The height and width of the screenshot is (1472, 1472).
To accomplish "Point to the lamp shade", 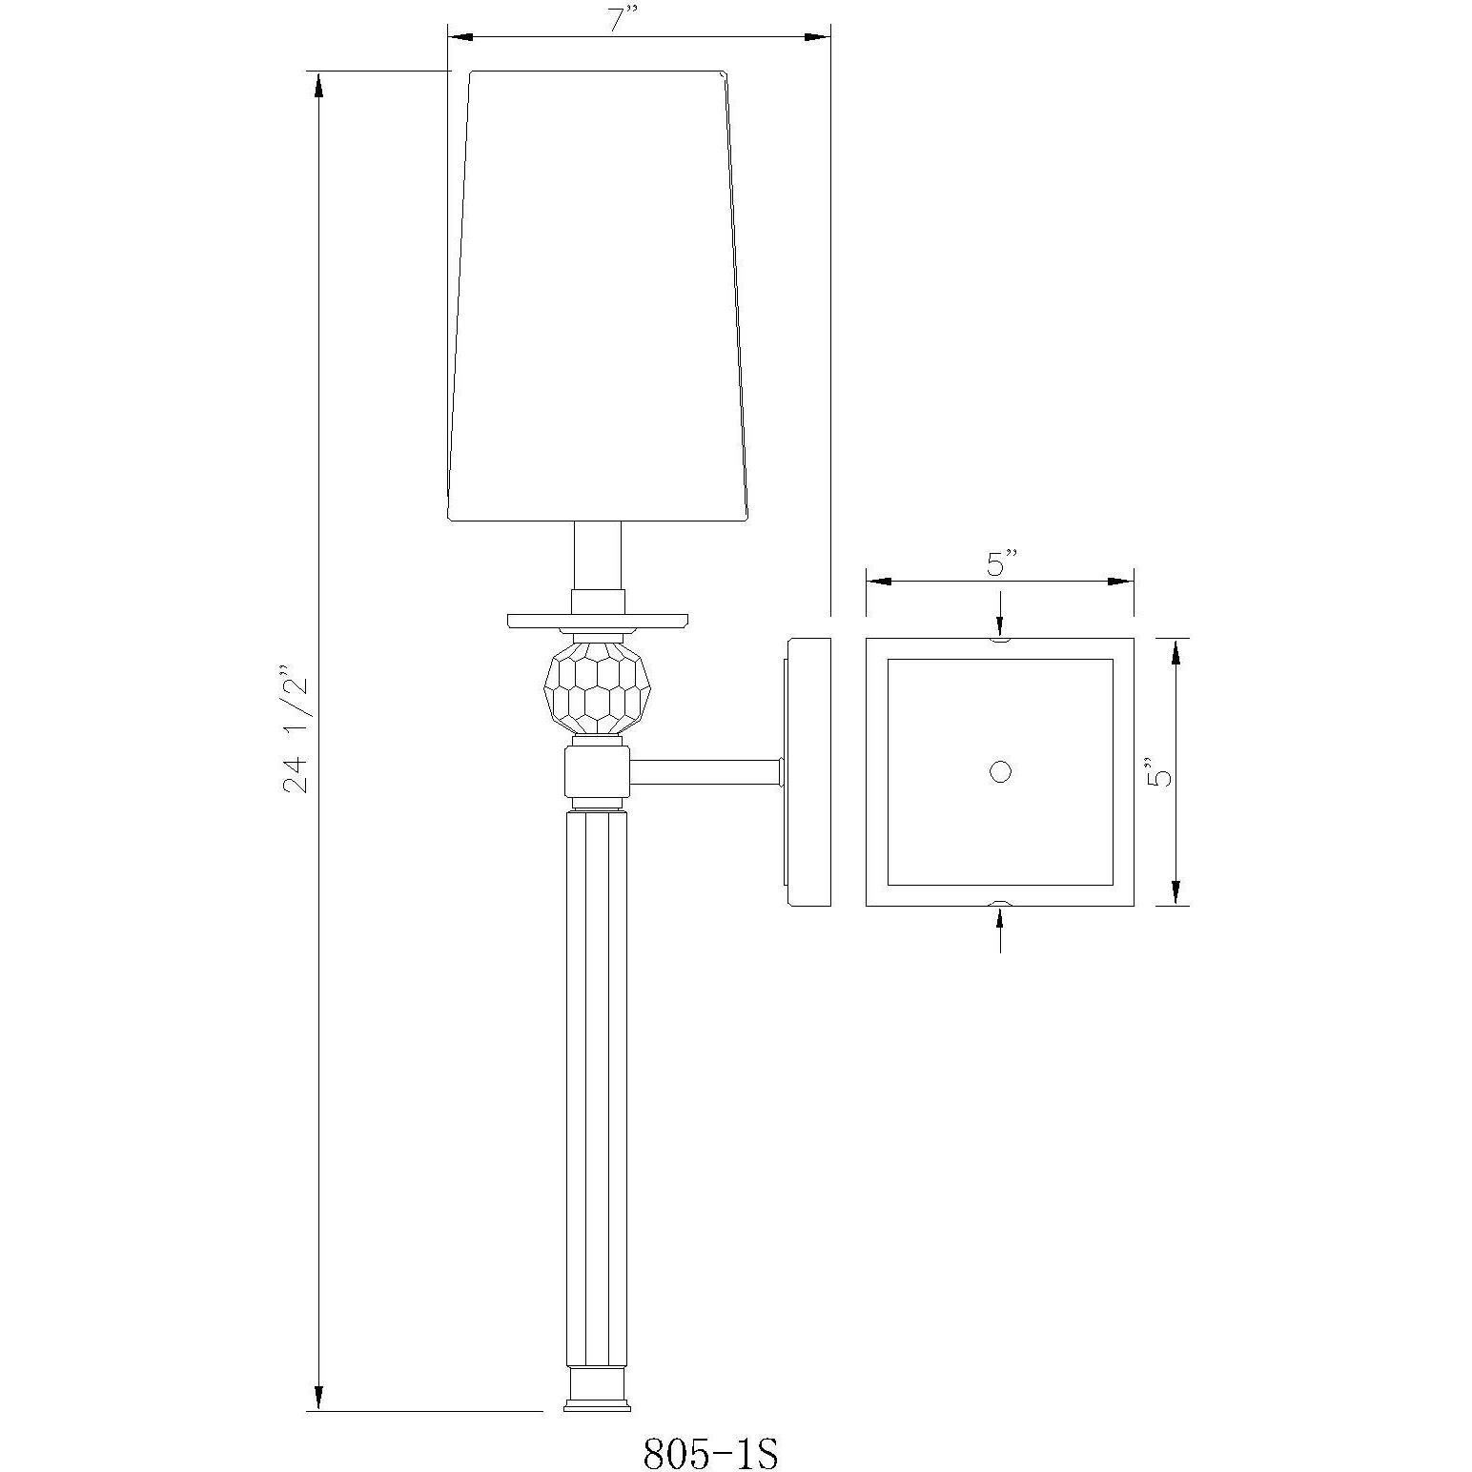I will click(598, 296).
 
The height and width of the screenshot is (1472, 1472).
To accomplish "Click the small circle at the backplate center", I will click(999, 771).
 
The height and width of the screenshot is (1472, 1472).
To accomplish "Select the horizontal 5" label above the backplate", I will click(998, 565).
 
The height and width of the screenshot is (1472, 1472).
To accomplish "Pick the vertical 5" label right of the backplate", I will click(1158, 771).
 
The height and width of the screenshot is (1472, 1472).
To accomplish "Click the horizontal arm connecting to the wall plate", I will click(705, 771).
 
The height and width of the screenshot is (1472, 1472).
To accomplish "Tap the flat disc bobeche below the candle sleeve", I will click(598, 622).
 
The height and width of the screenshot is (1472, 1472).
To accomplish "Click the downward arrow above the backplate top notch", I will click(999, 621).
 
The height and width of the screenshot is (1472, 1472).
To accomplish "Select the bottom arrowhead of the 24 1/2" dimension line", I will click(318, 1397).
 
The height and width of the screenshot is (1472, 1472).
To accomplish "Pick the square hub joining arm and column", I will click(597, 771).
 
